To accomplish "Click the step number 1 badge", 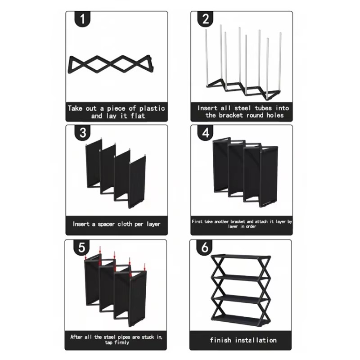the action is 82,19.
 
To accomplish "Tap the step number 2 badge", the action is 206,19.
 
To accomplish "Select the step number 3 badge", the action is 82,133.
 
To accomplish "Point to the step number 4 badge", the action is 206,133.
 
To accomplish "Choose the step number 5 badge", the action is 81,247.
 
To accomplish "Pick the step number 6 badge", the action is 205,247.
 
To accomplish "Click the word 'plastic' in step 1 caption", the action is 152,108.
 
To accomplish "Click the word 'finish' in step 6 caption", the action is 220,340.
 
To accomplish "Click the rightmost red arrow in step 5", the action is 144,267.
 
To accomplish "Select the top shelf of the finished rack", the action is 241,256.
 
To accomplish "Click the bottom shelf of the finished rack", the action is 241,319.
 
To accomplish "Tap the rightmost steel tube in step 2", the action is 280,62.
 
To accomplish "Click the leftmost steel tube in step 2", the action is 207,58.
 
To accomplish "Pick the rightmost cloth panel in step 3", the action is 137,182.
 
